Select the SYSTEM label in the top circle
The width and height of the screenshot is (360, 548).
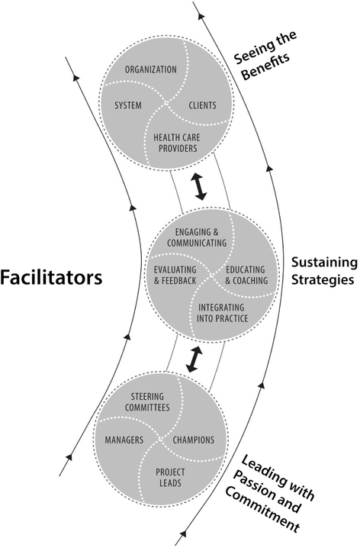point(128,105)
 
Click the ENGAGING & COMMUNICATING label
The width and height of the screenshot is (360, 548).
point(201,237)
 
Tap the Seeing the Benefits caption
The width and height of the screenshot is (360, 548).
point(265,68)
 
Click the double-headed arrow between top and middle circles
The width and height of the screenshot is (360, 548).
point(201,186)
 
